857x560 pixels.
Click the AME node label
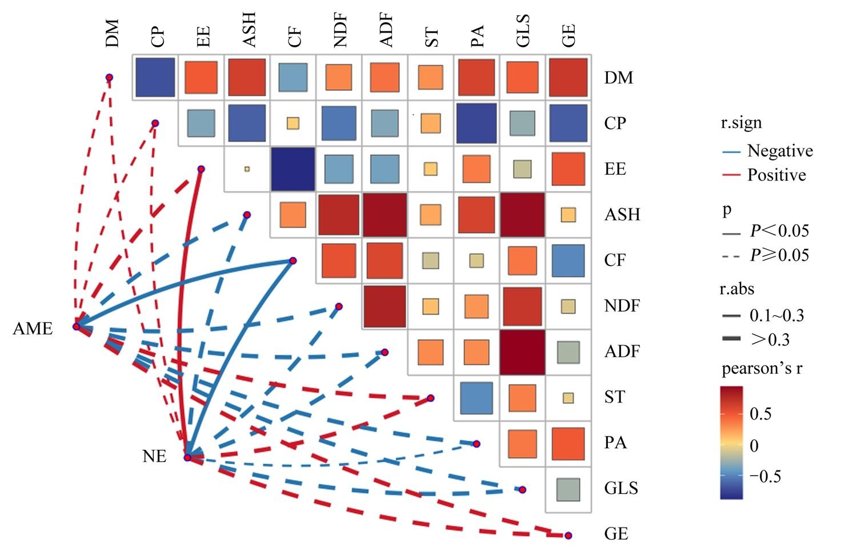coord(33,328)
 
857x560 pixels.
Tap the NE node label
coord(154,456)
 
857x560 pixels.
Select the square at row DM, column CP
coord(155,77)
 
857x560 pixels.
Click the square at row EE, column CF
coord(293,169)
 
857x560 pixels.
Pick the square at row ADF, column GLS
coord(522,352)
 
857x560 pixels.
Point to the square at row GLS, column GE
coord(568,490)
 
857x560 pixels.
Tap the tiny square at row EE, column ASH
coord(247,169)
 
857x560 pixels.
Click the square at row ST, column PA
coord(476,398)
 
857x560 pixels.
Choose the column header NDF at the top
coord(340,30)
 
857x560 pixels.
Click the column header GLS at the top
coord(523,31)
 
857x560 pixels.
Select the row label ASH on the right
coord(622,215)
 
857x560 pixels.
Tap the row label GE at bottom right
coord(616,534)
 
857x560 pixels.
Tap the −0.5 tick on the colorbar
coord(765,477)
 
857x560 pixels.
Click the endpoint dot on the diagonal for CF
coord(293,261)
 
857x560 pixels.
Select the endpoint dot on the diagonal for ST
coord(430,398)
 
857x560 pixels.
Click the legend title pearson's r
coord(762,369)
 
